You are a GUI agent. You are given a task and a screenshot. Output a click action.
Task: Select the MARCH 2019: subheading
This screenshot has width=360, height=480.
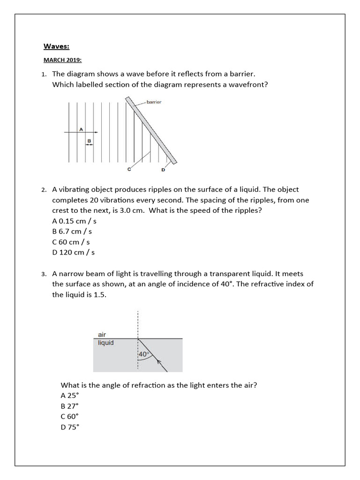(62, 60)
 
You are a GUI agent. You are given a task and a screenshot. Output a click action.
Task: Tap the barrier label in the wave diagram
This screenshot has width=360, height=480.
(154, 102)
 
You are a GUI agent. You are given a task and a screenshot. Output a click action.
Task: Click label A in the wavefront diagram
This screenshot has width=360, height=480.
(81, 128)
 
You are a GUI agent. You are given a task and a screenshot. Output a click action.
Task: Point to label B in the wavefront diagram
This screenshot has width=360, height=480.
(89, 140)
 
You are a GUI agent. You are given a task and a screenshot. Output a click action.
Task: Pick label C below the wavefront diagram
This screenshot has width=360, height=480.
(129, 170)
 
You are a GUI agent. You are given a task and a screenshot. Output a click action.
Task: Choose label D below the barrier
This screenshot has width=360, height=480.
(163, 170)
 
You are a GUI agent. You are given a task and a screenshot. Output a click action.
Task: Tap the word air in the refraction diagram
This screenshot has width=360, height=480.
(102, 335)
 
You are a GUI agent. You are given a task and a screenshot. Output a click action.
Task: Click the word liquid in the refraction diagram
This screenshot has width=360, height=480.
(105, 343)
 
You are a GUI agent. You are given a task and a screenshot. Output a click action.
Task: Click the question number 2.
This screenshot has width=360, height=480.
(43, 190)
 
